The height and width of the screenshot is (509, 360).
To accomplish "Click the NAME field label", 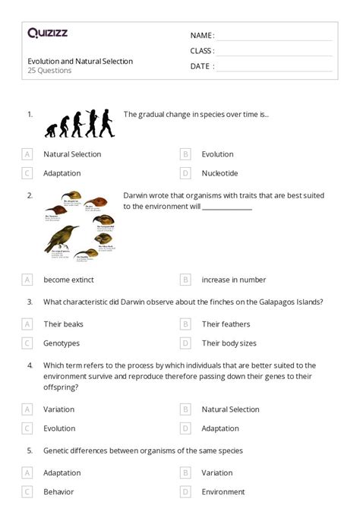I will (201, 36).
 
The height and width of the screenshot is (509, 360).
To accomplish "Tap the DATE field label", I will (201, 66).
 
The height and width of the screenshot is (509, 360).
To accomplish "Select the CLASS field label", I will (202, 51).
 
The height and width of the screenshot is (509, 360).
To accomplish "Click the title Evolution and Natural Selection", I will (80, 61).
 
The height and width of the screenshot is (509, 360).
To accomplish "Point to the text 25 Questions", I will (49, 71).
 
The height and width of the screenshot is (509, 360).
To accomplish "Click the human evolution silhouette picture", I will (80, 122).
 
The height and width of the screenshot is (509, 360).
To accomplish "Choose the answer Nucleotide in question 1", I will (219, 173).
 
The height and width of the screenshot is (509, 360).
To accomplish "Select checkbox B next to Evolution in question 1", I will (185, 154).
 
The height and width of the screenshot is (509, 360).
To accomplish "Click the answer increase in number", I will (233, 280).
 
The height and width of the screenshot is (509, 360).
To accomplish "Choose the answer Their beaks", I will (63, 324).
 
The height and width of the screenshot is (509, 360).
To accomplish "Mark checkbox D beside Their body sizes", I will (185, 343).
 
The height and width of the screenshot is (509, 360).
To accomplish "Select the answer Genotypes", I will (62, 343).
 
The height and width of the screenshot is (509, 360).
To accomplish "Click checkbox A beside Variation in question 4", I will (27, 409).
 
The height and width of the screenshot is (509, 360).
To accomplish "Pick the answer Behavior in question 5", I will (58, 492).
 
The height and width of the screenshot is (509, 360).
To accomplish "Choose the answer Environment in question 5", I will (223, 492).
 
